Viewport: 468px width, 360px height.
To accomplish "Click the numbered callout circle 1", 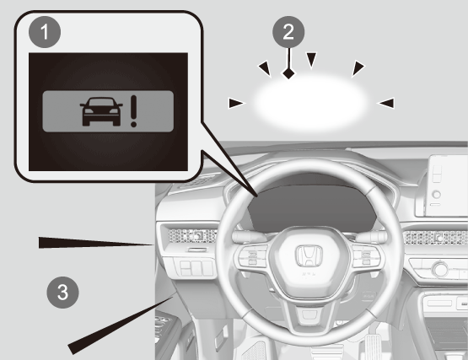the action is coord(45,32).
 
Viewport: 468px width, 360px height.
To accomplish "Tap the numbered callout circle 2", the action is coord(288,32).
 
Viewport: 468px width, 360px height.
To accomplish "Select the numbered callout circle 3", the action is coord(62,293).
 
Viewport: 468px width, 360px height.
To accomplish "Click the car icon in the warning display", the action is coord(101,111).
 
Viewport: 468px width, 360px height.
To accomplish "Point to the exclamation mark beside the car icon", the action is coord(133,111).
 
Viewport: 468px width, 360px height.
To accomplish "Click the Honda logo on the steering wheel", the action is coord(309,256).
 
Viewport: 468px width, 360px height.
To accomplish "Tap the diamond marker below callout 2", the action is coord(288,73).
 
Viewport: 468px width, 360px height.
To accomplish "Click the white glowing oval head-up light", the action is coord(309,103).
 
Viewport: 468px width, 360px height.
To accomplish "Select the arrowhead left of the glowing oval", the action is coord(237,104).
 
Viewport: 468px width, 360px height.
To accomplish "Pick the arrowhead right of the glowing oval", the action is coord(385,103).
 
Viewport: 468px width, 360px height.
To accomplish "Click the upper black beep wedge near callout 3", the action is coord(95,243).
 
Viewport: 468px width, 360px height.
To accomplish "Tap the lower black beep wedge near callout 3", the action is coord(120,325).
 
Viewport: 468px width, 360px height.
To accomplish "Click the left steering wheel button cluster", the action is coord(252,257).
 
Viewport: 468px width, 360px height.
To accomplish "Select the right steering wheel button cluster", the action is coord(366,256).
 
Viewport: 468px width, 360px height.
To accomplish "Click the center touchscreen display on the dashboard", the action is coord(448,185).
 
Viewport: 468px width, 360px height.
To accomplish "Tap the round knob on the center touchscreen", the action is coord(436,195).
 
